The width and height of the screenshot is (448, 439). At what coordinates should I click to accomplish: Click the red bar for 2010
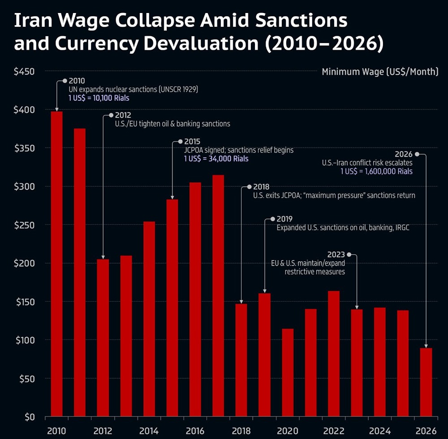57,264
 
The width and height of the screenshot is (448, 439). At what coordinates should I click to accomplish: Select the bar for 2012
103,338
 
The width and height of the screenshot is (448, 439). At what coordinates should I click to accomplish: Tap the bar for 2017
218,296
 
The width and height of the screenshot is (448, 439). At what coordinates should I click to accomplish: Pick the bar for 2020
288,373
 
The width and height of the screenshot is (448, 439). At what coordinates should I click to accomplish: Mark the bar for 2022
334,354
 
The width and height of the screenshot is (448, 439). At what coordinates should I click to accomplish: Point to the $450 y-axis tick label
25,71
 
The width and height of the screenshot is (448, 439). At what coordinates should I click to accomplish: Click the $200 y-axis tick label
25,263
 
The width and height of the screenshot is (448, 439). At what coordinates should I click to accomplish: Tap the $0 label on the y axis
30,417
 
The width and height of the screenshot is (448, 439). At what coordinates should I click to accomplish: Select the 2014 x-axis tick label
149,431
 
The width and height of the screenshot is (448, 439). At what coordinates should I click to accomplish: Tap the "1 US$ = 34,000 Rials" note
216,159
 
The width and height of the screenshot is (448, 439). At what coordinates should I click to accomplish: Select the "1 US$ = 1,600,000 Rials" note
377,171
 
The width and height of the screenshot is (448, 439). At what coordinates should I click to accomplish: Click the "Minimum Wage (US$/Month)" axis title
380,72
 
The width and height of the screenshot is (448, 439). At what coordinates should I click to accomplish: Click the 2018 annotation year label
261,187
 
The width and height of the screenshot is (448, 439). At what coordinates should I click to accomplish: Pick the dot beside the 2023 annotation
349,254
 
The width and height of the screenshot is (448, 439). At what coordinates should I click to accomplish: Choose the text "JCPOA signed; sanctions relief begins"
239,150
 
